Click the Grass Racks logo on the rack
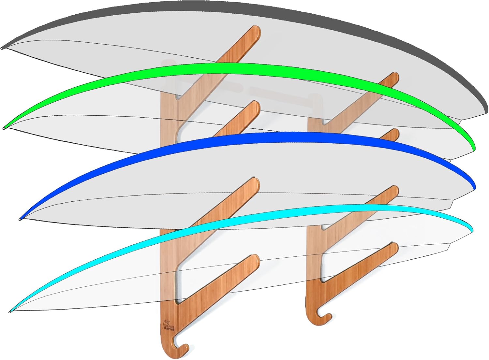point(169,326)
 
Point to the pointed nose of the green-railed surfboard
point(4,128)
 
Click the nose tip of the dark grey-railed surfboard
point(2,48)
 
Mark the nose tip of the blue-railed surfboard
point(20,219)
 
